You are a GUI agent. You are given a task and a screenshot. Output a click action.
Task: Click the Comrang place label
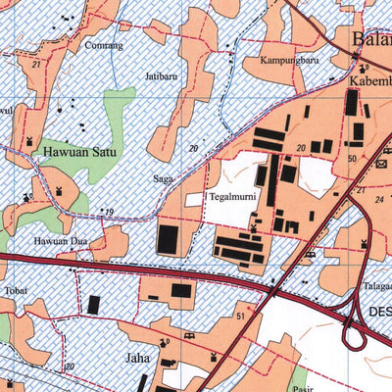103,45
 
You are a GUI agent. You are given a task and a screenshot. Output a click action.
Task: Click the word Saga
162,179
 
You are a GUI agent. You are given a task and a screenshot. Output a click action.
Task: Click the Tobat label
16,291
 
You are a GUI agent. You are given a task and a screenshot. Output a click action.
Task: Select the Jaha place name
136,358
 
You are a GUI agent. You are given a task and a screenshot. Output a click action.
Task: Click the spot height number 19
110,212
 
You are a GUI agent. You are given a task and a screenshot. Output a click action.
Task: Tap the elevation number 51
240,316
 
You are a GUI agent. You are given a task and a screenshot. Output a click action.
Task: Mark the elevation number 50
351,158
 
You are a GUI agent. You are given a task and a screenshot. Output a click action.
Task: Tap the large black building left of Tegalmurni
169,238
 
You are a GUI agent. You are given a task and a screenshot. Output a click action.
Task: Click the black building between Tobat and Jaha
94,305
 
